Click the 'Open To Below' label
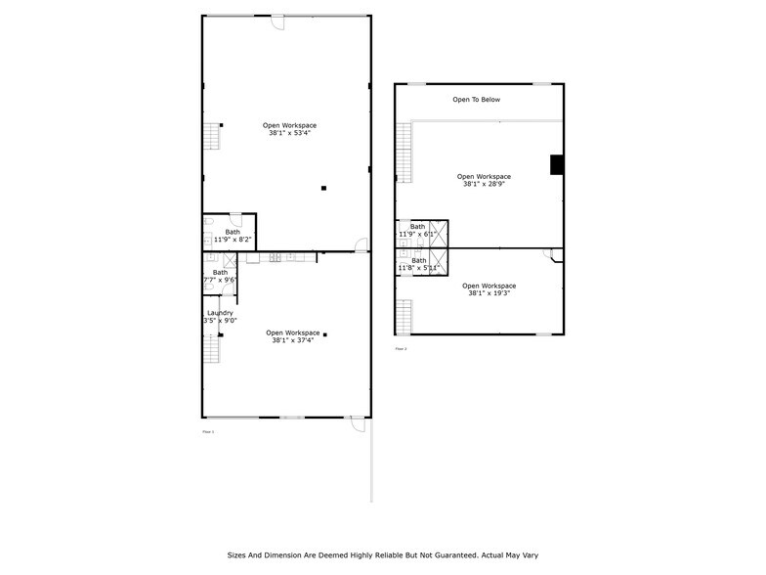point(476,100)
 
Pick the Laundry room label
point(220,313)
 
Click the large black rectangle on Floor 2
point(557,165)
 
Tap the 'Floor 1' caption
point(207,431)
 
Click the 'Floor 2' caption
point(401,349)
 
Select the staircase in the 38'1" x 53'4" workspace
point(210,136)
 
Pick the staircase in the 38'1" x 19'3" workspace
point(404,316)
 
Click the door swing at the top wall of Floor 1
point(277,22)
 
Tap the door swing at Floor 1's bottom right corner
point(359,424)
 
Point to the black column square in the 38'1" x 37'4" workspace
point(325,334)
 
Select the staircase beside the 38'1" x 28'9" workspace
point(404,155)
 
